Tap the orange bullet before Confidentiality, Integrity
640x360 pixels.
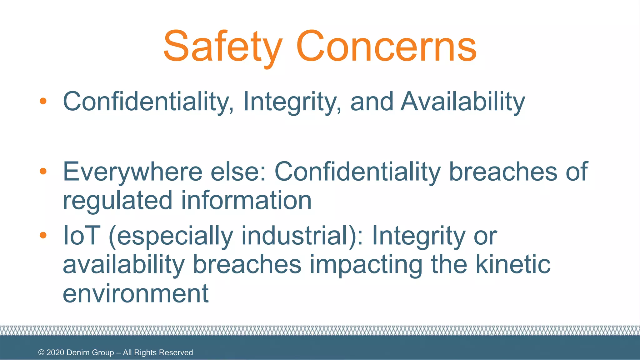pos(43,101)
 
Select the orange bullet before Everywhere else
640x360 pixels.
pos(43,171)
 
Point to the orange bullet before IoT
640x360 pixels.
pos(43,235)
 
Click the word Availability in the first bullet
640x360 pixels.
pos(462,102)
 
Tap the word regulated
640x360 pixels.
pos(117,200)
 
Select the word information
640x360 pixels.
pos(246,200)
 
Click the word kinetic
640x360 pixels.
pos(512,264)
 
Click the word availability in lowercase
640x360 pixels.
pos(124,264)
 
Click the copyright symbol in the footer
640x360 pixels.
pos(41,352)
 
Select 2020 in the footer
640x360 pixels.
pos(55,352)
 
